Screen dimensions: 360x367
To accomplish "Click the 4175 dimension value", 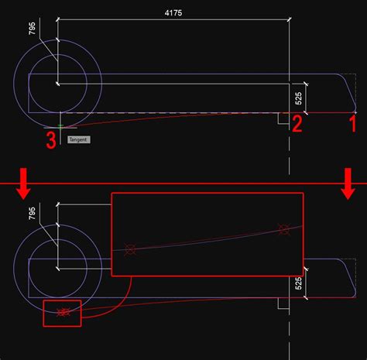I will click(174, 12).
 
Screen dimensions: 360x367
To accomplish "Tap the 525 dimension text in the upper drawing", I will click(299, 98).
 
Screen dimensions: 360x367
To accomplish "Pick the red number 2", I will click(296, 124).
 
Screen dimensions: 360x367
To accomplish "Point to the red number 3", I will click(50, 141).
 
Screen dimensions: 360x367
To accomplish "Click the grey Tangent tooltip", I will click(79, 140).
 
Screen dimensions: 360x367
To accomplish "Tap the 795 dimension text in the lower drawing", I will click(31, 214).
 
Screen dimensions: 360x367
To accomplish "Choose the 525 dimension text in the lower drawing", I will click(299, 284).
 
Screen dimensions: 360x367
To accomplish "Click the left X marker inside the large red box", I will click(130, 249).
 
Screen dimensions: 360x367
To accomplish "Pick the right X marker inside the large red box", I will click(283, 228).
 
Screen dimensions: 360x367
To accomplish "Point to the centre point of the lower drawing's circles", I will click(57, 261).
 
